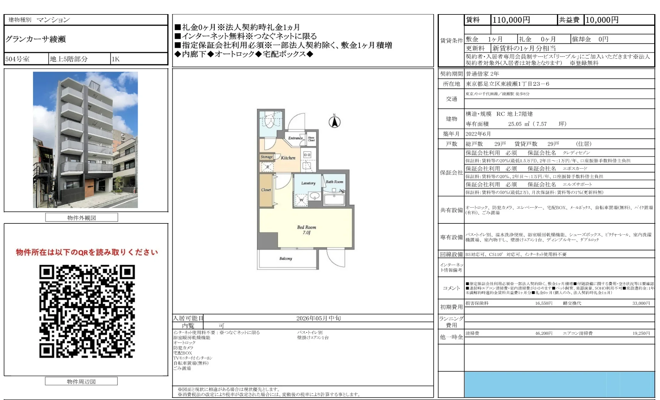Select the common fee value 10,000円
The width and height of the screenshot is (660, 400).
point(602,20)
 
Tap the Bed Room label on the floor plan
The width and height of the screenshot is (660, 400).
point(306,227)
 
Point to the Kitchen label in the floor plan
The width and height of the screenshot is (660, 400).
point(288,158)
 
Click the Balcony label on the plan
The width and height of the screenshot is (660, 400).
point(286,258)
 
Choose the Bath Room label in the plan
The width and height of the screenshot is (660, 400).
point(334,182)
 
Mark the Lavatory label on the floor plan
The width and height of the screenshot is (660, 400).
point(308,183)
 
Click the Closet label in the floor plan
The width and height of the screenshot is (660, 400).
point(266,190)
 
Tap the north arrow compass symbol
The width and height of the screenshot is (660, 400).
point(334,122)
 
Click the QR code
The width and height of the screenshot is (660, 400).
point(87,311)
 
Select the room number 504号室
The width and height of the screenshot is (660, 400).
point(17,59)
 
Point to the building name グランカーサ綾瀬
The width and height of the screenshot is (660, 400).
point(36,39)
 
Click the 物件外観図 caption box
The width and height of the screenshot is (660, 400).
point(82,218)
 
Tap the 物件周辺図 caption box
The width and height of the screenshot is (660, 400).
point(81,381)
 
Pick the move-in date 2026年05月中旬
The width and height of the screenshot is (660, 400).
point(318,318)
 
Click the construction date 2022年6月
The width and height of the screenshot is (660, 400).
point(478,134)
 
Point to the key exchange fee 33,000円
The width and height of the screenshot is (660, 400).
point(641,303)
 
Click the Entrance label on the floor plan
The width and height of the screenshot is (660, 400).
point(295,138)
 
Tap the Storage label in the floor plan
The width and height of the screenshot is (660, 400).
point(266,157)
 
